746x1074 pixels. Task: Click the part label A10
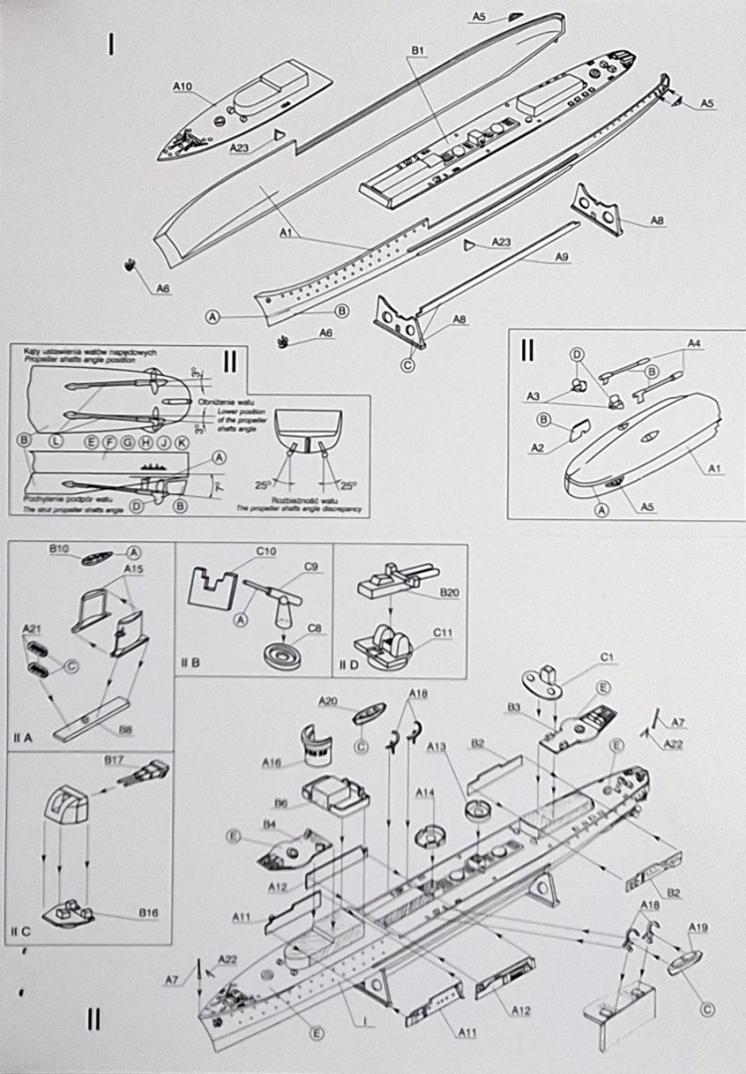click(x=182, y=87)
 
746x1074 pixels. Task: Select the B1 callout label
click(x=418, y=50)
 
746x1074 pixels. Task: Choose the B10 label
click(x=59, y=548)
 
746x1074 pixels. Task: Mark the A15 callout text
click(x=133, y=568)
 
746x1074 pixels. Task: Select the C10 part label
click(x=266, y=550)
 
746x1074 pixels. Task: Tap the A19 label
click(x=698, y=928)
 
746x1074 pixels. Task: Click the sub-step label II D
click(x=348, y=664)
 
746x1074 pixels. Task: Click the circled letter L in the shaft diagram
click(x=56, y=440)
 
